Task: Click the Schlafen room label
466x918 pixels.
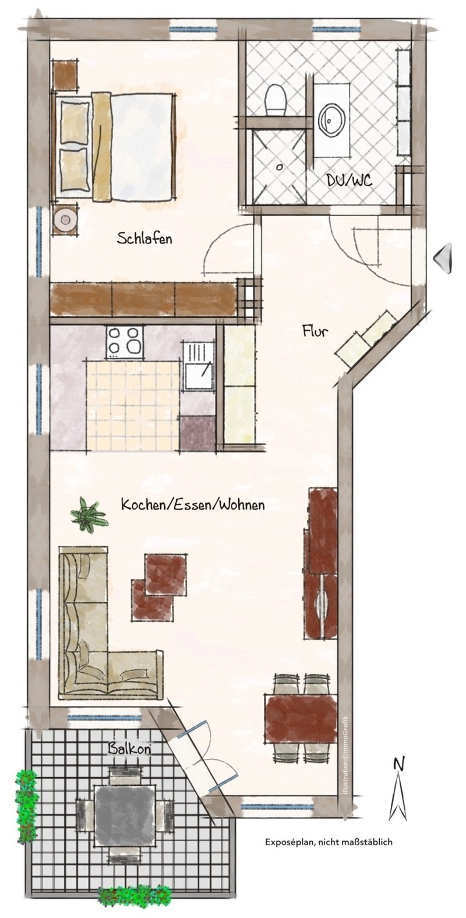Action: click(144, 238)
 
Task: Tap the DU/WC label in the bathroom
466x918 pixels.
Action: click(349, 180)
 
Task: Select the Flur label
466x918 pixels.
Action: click(315, 330)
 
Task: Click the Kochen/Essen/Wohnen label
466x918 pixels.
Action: click(193, 504)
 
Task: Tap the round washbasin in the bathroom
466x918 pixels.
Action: click(331, 119)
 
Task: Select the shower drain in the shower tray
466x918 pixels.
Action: click(280, 167)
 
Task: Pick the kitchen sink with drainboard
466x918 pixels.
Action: click(199, 366)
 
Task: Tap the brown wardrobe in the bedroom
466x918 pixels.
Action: click(144, 299)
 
